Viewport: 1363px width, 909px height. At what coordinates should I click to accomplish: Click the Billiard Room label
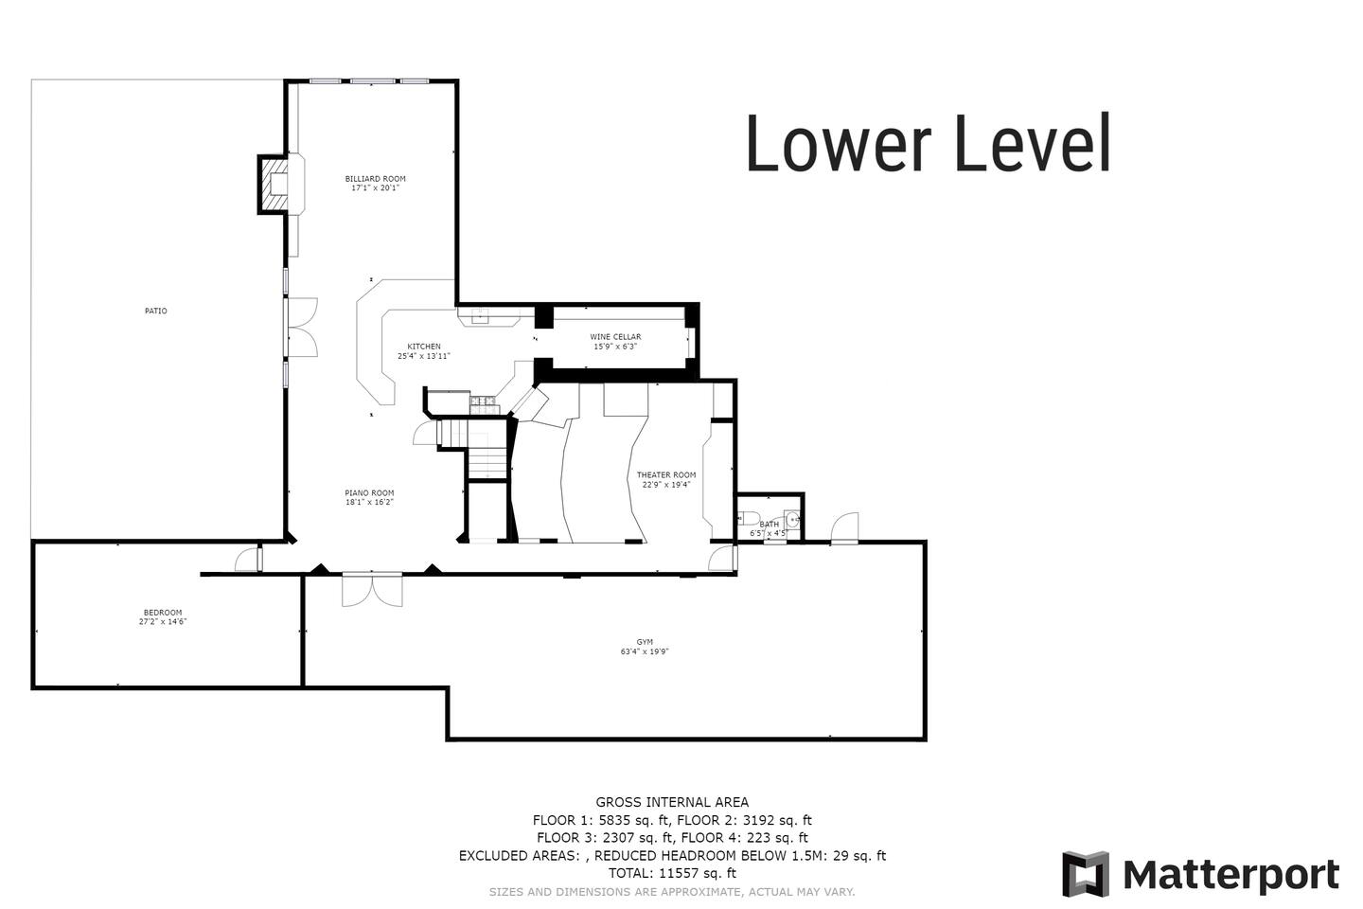click(x=375, y=178)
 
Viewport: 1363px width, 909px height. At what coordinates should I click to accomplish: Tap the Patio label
click(x=156, y=311)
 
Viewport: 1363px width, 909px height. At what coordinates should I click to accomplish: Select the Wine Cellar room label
click(x=615, y=337)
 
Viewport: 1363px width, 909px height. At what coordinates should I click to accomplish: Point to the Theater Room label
click(x=666, y=475)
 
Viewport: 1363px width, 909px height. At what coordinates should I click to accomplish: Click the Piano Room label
click(x=369, y=493)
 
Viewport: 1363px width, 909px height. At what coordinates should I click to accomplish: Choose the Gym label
click(x=645, y=642)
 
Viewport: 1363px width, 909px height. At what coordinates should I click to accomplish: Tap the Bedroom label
click(x=163, y=613)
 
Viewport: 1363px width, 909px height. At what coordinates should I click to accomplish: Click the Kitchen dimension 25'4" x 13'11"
click(x=424, y=356)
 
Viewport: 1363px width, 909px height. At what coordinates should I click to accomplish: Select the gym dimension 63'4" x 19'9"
click(x=645, y=651)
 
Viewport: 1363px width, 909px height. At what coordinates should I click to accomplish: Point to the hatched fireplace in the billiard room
click(x=274, y=185)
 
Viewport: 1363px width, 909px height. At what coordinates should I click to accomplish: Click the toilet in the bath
click(x=748, y=519)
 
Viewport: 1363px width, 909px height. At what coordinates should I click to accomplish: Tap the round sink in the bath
click(x=792, y=520)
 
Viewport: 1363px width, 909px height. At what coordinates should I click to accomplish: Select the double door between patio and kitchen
click(x=303, y=327)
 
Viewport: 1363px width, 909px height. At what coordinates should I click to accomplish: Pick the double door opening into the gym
click(x=372, y=589)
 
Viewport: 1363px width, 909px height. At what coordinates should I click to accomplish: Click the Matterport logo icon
click(x=1086, y=874)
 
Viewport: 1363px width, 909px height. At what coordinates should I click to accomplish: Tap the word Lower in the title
click(x=839, y=144)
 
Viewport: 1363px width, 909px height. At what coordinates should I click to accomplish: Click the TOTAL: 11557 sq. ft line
click(x=672, y=873)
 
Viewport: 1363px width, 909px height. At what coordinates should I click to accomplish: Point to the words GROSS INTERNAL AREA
click(x=672, y=802)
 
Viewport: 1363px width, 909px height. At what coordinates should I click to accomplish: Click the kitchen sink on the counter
click(x=481, y=314)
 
